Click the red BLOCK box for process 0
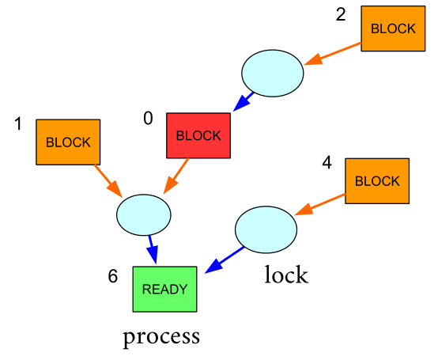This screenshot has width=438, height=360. pos(198,135)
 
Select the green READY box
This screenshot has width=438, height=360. pos(164,290)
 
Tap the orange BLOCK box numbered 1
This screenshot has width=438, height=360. pos(68,142)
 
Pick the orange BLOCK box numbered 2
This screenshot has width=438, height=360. pos(393,28)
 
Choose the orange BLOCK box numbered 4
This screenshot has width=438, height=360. pos(377,181)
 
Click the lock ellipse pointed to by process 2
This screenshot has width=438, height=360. pos(272,74)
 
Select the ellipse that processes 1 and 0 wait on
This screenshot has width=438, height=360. pos(144,214)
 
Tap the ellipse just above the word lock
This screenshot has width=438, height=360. pos(266,229)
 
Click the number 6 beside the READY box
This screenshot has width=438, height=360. pos(113,276)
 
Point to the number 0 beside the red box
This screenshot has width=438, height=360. pos(148,118)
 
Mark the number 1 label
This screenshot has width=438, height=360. pos(18,123)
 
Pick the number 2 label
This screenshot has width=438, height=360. pos(341,14)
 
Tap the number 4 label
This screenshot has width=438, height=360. pos(327,162)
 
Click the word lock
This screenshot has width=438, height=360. pos(286,275)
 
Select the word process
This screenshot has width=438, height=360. pos(161,337)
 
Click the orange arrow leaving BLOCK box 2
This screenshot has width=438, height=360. pos(332,54)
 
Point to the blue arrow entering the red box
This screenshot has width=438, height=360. pos(243,102)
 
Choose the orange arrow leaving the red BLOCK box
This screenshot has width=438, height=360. pos(176,176)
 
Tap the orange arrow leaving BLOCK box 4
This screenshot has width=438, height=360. pos(320,205)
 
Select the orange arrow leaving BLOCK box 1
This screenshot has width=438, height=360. pos(108,181)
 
